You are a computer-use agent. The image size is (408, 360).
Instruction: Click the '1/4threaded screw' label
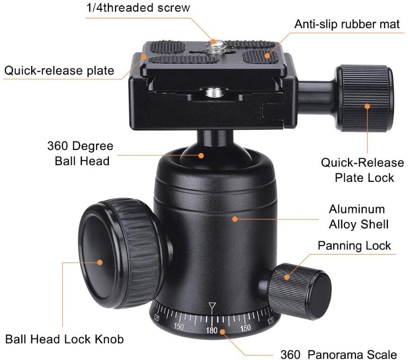(139, 8)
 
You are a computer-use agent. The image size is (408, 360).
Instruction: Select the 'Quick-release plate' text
(59, 71)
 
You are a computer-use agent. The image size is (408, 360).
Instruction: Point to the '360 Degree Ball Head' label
(80, 153)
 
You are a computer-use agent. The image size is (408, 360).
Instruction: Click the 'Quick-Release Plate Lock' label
(362, 170)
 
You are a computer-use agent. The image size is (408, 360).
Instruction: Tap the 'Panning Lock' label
(354, 246)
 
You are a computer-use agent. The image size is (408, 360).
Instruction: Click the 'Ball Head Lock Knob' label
(65, 339)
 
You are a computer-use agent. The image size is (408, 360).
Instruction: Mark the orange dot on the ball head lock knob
(100, 262)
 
